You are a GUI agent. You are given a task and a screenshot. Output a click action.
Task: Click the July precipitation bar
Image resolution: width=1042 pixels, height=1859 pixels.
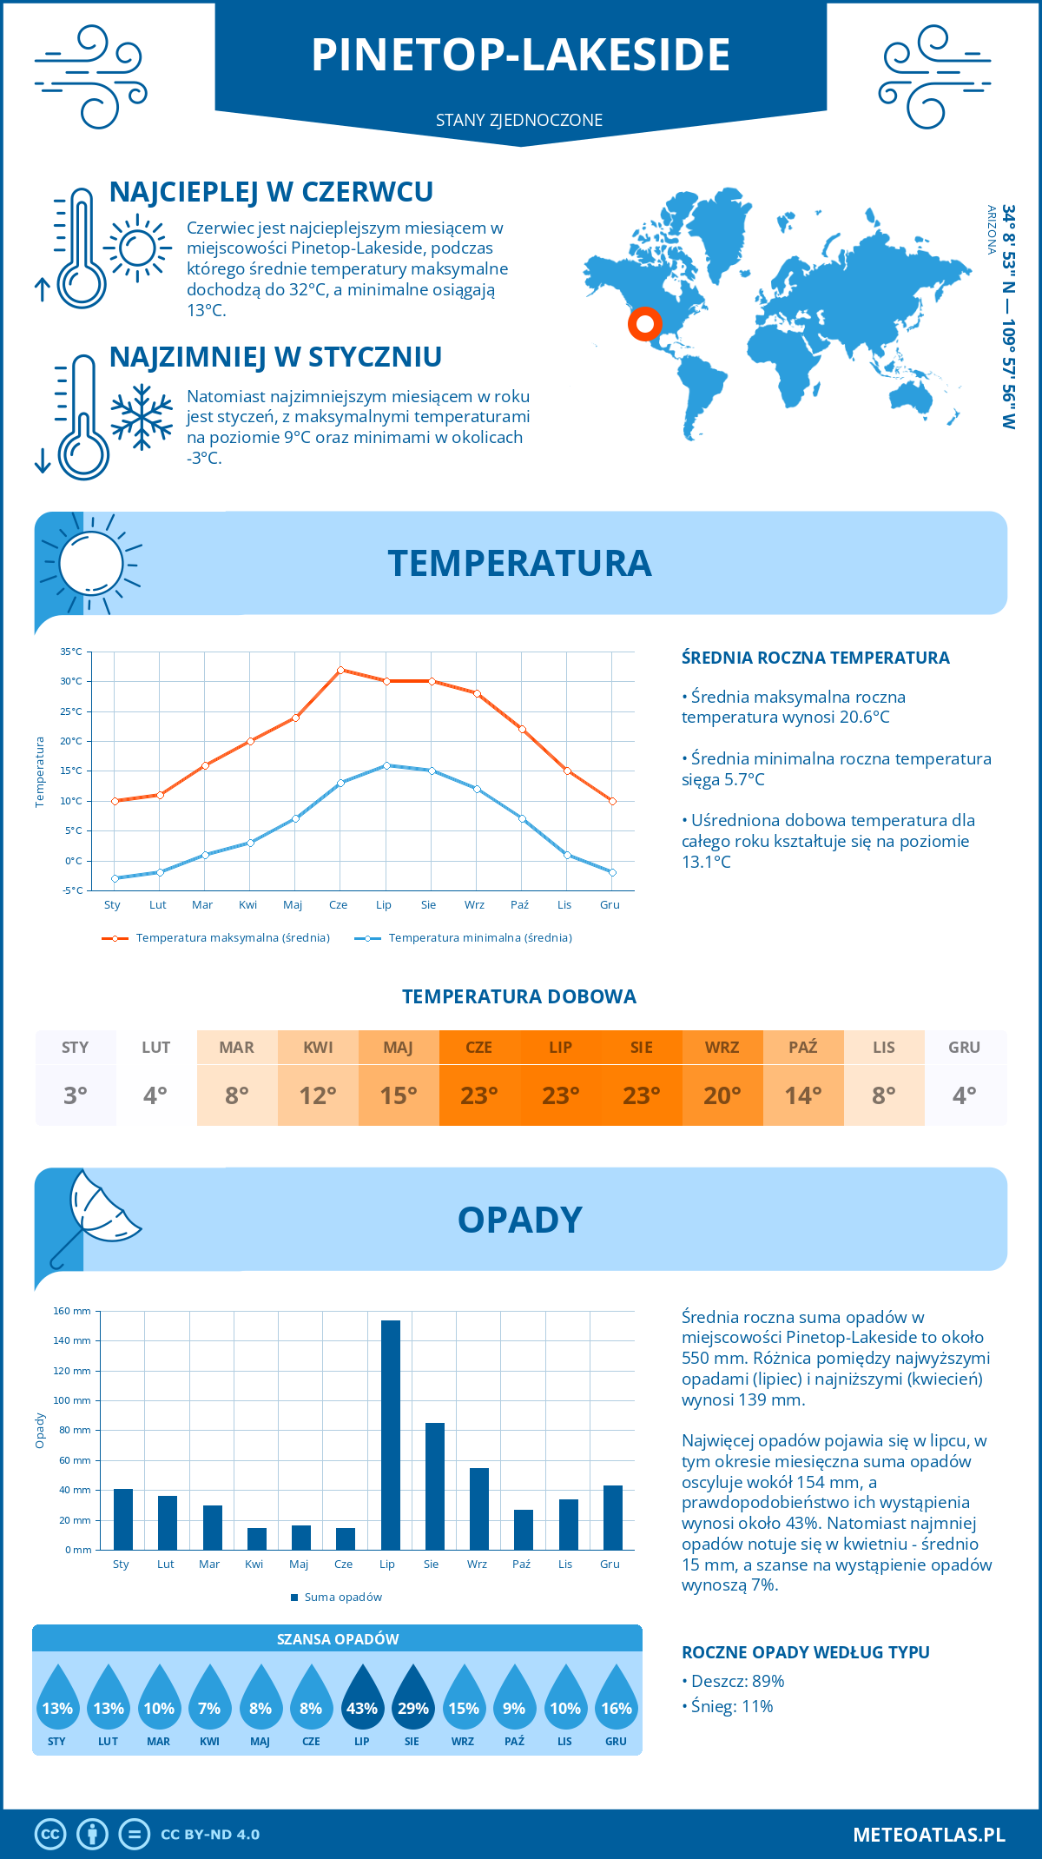391,1435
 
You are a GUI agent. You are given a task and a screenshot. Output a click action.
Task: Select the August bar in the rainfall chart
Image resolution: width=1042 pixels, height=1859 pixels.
435,1486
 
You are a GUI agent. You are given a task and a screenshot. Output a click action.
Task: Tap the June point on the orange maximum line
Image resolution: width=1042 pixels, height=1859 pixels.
340,670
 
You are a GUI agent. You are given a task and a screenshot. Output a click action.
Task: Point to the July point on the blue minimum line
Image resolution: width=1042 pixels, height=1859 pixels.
386,765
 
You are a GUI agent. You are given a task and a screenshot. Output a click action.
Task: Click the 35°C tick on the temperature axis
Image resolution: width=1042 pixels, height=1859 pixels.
71,652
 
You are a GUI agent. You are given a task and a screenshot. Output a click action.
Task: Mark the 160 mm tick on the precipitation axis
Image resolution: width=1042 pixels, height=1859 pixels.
73,1311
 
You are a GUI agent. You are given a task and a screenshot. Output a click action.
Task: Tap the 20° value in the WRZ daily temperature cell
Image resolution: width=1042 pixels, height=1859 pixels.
722,1095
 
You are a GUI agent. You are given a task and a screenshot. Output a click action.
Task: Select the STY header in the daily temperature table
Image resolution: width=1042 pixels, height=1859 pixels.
76,1048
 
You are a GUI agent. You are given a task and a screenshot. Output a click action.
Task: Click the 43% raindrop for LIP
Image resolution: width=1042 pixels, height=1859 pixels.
362,1699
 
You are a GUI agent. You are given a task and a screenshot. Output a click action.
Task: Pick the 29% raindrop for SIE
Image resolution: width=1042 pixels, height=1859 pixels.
412,1699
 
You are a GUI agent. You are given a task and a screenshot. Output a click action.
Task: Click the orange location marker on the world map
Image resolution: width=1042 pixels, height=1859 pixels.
645,325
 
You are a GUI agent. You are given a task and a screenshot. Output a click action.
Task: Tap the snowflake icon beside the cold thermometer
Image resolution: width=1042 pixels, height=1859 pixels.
142,417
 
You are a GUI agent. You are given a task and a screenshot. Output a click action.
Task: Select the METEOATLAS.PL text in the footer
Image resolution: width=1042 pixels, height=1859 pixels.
929,1835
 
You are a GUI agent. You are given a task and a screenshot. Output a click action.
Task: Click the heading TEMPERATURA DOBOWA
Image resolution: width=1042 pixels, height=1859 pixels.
519,997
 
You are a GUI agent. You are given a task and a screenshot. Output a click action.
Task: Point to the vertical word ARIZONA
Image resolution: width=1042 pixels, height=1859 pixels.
992,230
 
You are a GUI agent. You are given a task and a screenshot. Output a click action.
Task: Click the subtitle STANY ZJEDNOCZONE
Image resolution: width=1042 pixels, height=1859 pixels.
519,120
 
